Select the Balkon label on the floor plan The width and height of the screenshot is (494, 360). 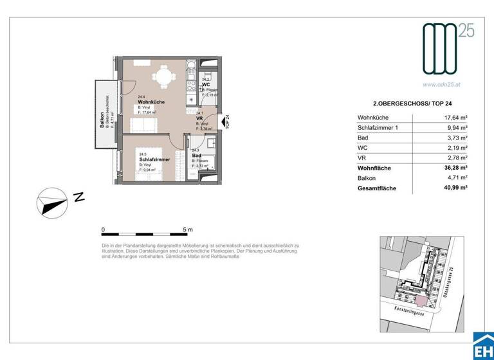point(102,120)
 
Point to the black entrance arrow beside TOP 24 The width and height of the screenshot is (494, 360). point(222,121)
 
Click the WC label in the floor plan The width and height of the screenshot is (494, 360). point(206,84)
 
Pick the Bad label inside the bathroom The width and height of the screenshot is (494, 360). point(195,156)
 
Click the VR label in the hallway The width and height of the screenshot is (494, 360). point(199,118)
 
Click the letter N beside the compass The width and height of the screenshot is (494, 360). point(78,198)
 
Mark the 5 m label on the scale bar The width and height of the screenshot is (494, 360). point(187,230)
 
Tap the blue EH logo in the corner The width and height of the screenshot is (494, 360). point(482,346)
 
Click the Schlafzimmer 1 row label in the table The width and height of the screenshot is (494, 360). point(382,128)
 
